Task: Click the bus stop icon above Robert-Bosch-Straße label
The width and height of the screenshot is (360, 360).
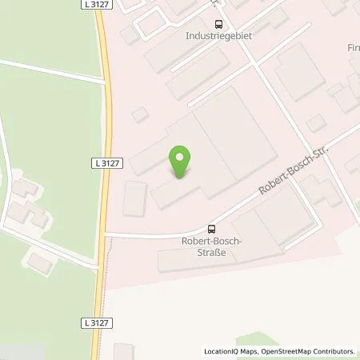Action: [x=210, y=227]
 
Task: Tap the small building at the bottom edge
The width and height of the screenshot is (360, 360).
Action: [x=123, y=351]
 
